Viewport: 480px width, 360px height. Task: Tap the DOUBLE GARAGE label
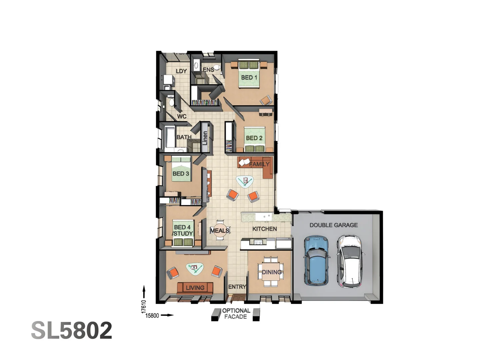tap(333, 225)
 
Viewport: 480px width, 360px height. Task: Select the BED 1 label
tap(249, 77)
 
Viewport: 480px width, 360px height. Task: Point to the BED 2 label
tap(254, 138)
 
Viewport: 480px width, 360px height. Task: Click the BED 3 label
tap(181, 173)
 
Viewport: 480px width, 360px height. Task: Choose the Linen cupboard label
tap(205, 138)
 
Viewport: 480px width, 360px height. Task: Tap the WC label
tap(182, 116)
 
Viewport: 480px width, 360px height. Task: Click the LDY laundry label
tap(181, 71)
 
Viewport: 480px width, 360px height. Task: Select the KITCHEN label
tap(264, 229)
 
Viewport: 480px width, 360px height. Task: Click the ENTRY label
tap(237, 287)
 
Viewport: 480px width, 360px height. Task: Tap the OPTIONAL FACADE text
tap(236, 314)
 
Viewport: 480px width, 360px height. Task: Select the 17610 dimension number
tap(144, 307)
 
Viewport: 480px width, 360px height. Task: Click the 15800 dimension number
tap(152, 315)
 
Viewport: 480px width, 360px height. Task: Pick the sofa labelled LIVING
tap(195, 287)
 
